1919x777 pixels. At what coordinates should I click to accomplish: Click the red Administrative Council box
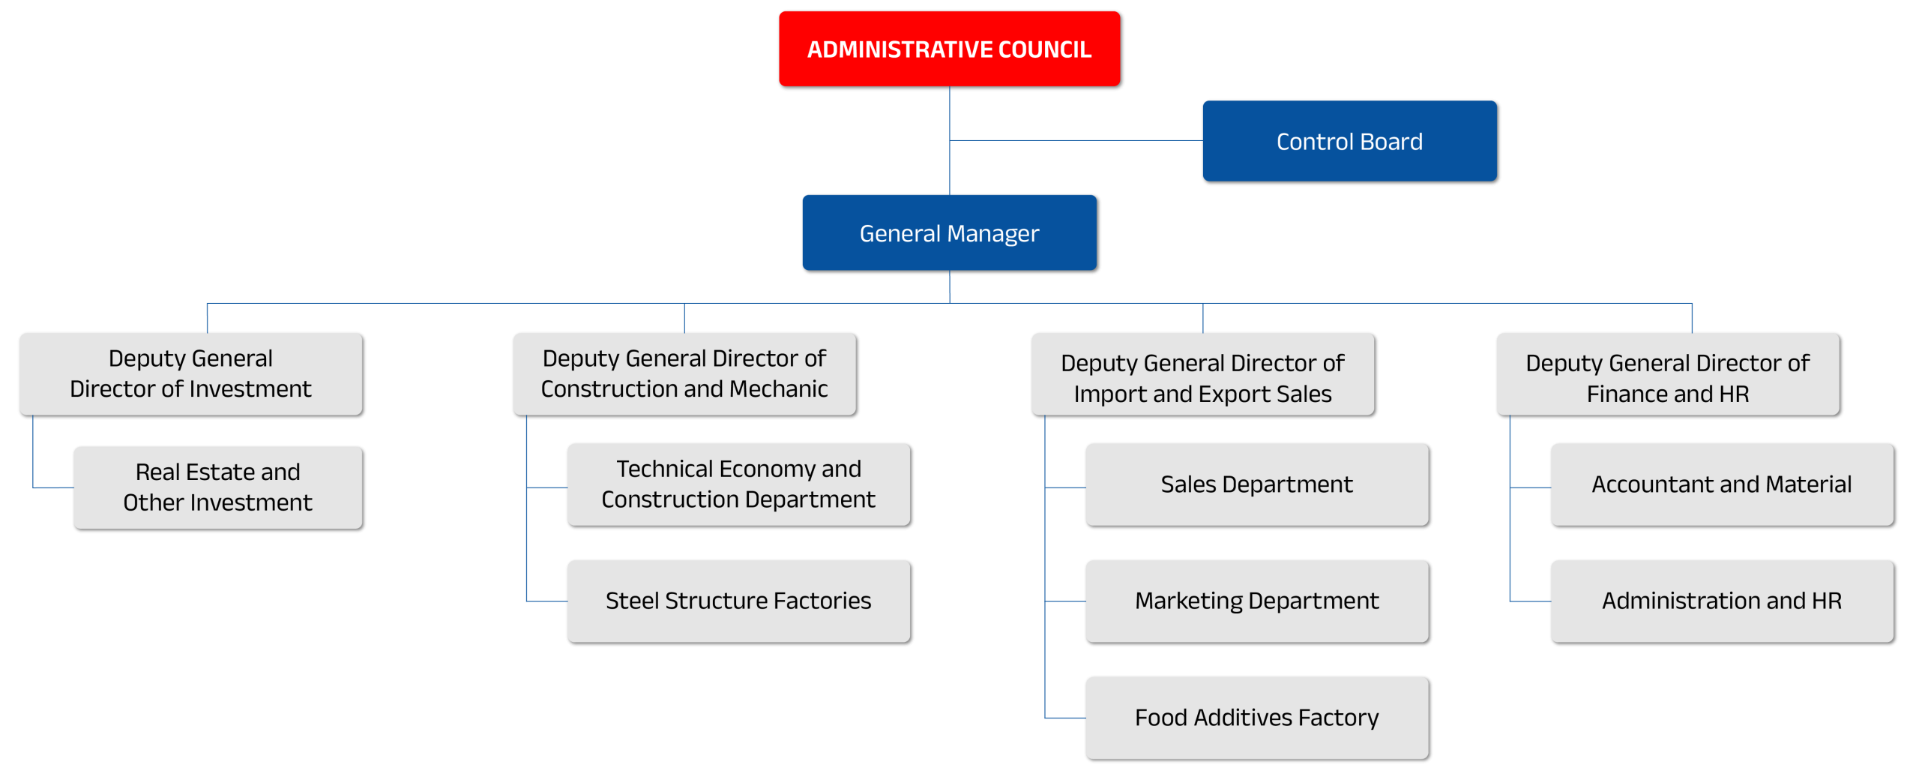pos(949,49)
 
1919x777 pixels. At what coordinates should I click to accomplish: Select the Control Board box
pos(1349,141)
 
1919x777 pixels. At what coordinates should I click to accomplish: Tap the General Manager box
pos(949,232)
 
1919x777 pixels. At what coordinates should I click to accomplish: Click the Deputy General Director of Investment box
pos(190,373)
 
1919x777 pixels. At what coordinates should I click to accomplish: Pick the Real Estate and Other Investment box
pos(217,487)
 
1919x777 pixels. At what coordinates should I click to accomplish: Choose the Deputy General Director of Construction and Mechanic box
pos(684,373)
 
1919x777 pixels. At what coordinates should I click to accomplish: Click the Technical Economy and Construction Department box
pos(738,484)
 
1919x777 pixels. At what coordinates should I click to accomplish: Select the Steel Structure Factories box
pos(738,601)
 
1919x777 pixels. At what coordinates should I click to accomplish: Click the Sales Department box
pos(1256,484)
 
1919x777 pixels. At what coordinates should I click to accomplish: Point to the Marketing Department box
pos(1256,601)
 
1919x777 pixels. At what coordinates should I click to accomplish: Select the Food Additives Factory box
pos(1256,718)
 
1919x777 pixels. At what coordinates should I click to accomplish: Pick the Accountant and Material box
pos(1721,484)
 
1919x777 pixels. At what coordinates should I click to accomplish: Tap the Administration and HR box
pos(1721,601)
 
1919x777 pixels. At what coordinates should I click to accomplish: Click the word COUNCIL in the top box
pos(1044,49)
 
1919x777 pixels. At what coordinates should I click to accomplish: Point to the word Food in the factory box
pos(1160,718)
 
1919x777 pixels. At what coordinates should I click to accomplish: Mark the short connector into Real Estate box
pos(54,487)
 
